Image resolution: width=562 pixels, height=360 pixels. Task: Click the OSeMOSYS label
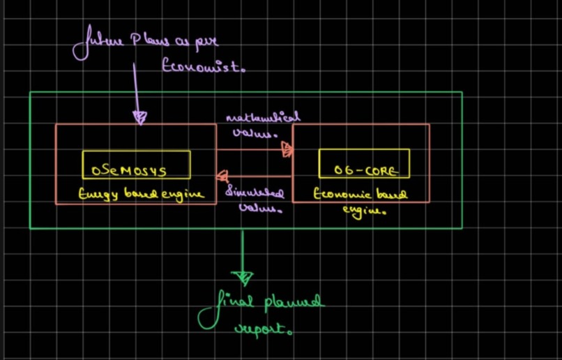[x=136, y=168]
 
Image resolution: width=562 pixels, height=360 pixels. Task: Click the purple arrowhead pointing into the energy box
[x=140, y=117]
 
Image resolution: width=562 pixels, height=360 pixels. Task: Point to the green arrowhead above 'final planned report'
[x=243, y=278]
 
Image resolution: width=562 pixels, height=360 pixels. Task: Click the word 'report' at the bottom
[x=261, y=329]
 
